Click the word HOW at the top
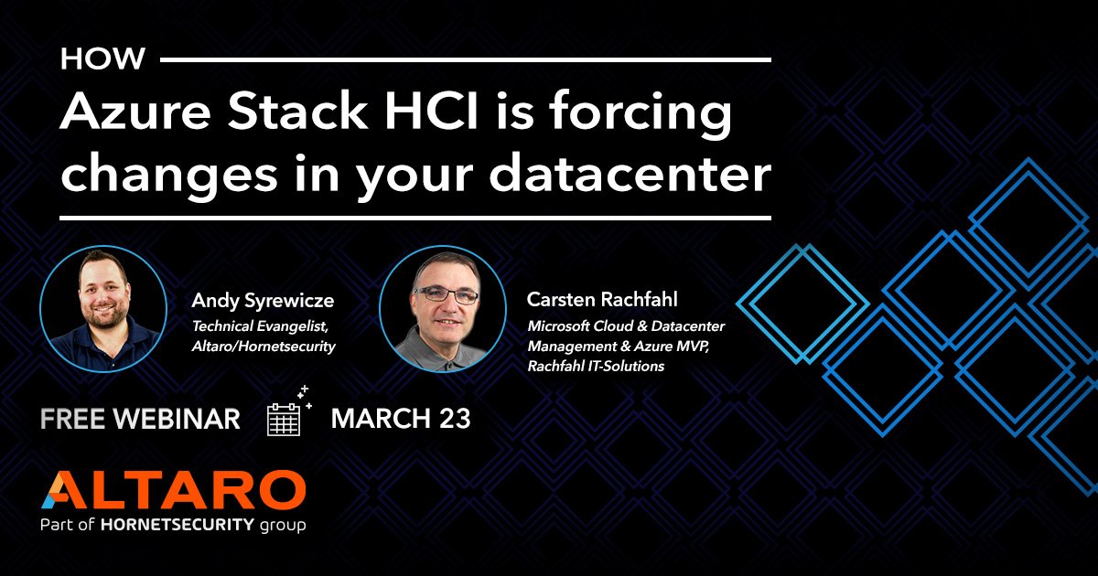[102, 59]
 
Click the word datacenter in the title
[630, 173]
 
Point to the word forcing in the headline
[640, 114]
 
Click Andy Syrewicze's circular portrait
[103, 309]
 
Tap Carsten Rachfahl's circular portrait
[443, 309]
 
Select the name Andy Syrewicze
[263, 301]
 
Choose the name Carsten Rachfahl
[602, 299]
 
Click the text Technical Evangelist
[260, 326]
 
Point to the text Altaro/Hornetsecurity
[264, 347]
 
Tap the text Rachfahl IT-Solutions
[596, 366]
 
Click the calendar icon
[288, 412]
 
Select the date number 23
[455, 419]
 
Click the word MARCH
[381, 419]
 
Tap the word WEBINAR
[177, 419]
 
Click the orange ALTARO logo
[174, 489]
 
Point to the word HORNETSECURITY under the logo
[178, 525]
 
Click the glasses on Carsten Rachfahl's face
[447, 294]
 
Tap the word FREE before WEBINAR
[72, 419]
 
